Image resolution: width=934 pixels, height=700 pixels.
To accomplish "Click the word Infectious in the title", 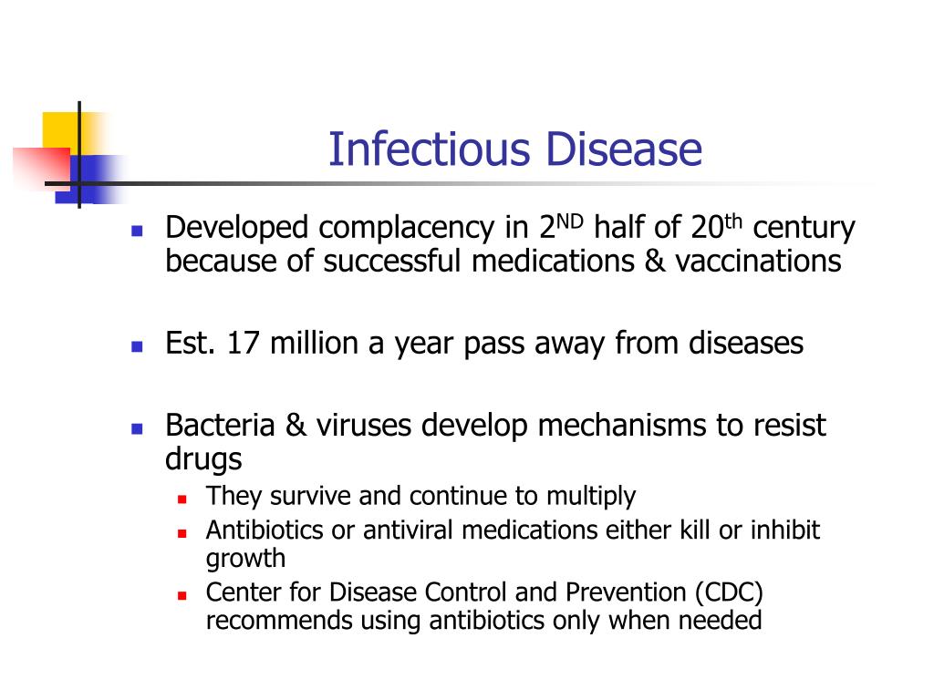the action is pos(429,149).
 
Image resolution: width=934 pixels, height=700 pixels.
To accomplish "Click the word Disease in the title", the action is pos(624,149).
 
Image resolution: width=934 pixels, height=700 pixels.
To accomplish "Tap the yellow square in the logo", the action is pos(63,132).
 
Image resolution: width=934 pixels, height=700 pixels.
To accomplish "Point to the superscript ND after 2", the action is pos(569,221).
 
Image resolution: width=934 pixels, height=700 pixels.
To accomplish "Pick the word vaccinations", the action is pos(758,261).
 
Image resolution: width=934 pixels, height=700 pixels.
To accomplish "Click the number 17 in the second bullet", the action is pos(243,343).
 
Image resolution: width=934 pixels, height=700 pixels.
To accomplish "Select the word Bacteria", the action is pos(220,425).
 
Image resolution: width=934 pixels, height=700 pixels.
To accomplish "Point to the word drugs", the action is pos(203,459).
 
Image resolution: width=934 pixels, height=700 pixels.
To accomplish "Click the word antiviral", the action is pos(408,530).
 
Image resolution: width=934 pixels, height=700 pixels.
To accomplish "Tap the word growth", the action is pos(245,560).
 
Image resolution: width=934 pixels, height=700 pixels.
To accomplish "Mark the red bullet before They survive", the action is pos(182,499).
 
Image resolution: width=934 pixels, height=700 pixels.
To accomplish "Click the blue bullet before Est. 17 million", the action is pos(137,346).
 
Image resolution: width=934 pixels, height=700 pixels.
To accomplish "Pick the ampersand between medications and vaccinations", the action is pos(655,261).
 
